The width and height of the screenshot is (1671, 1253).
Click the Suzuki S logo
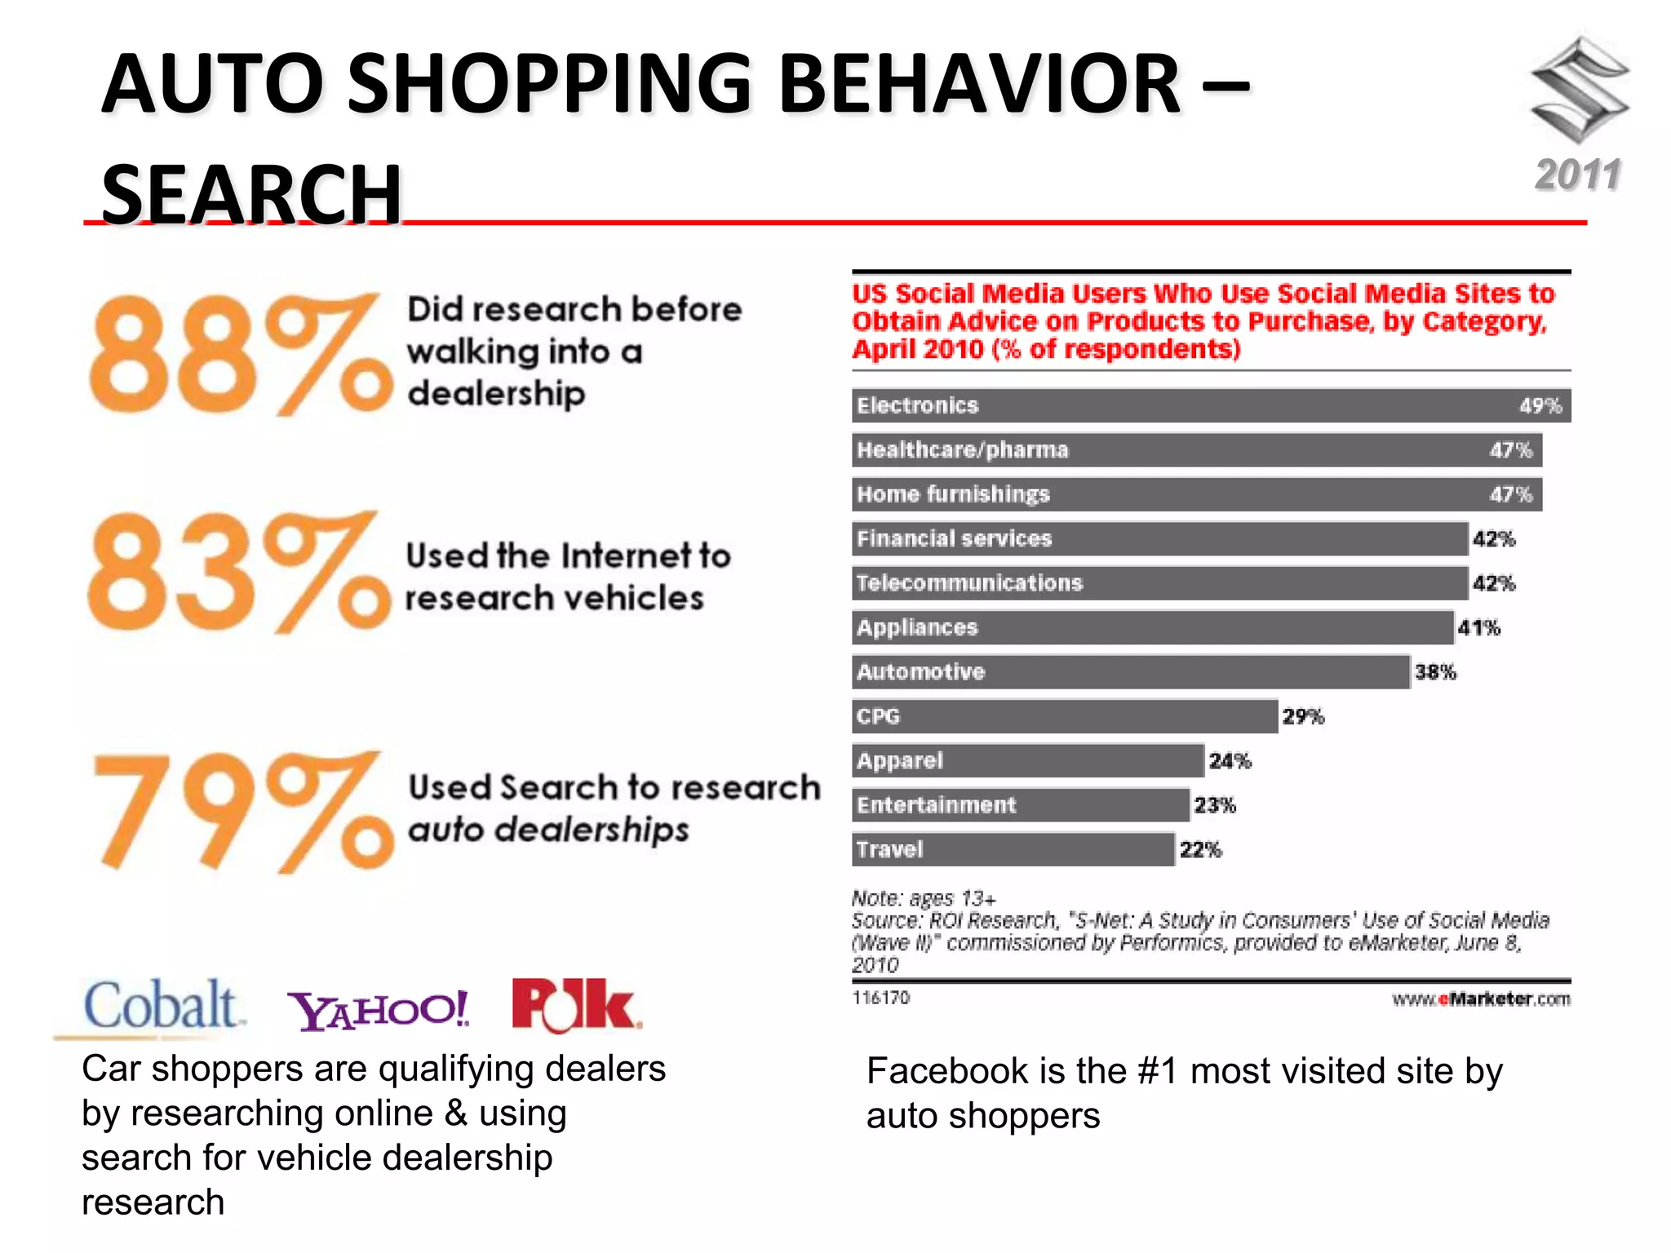pyautogui.click(x=1580, y=90)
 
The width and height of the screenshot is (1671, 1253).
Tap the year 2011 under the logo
pyautogui.click(x=1578, y=175)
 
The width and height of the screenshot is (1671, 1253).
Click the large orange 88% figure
pyautogui.click(x=240, y=356)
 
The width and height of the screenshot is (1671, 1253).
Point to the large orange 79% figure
pyautogui.click(x=242, y=812)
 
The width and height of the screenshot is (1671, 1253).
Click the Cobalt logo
pyautogui.click(x=162, y=1005)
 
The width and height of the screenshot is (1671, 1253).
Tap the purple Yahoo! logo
pyautogui.click(x=379, y=1010)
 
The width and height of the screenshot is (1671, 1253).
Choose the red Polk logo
pyautogui.click(x=575, y=1005)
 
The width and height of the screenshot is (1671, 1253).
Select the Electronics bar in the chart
pyautogui.click(x=1211, y=405)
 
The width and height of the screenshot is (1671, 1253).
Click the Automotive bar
pyautogui.click(x=1131, y=672)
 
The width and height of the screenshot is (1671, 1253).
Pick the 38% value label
pyautogui.click(x=1435, y=672)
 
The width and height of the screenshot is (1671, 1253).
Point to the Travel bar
pyautogui.click(x=1013, y=850)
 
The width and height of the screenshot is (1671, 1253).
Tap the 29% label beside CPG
pyautogui.click(x=1303, y=717)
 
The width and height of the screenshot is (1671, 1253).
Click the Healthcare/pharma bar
pyautogui.click(x=1196, y=450)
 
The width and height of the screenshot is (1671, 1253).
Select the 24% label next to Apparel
pyautogui.click(x=1230, y=761)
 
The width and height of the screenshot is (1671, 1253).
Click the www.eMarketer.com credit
pyautogui.click(x=1481, y=999)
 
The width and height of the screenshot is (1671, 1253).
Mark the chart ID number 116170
pyautogui.click(x=880, y=998)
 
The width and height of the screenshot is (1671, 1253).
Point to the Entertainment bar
pyautogui.click(x=1020, y=805)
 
